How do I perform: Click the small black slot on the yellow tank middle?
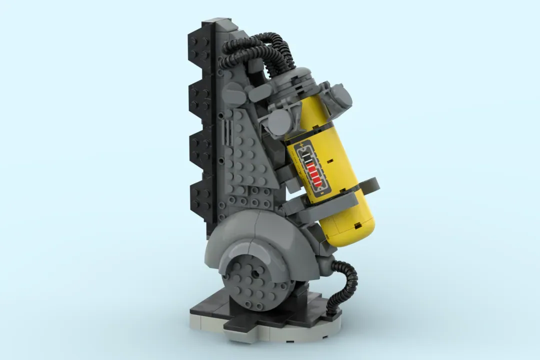(x=330, y=161)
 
